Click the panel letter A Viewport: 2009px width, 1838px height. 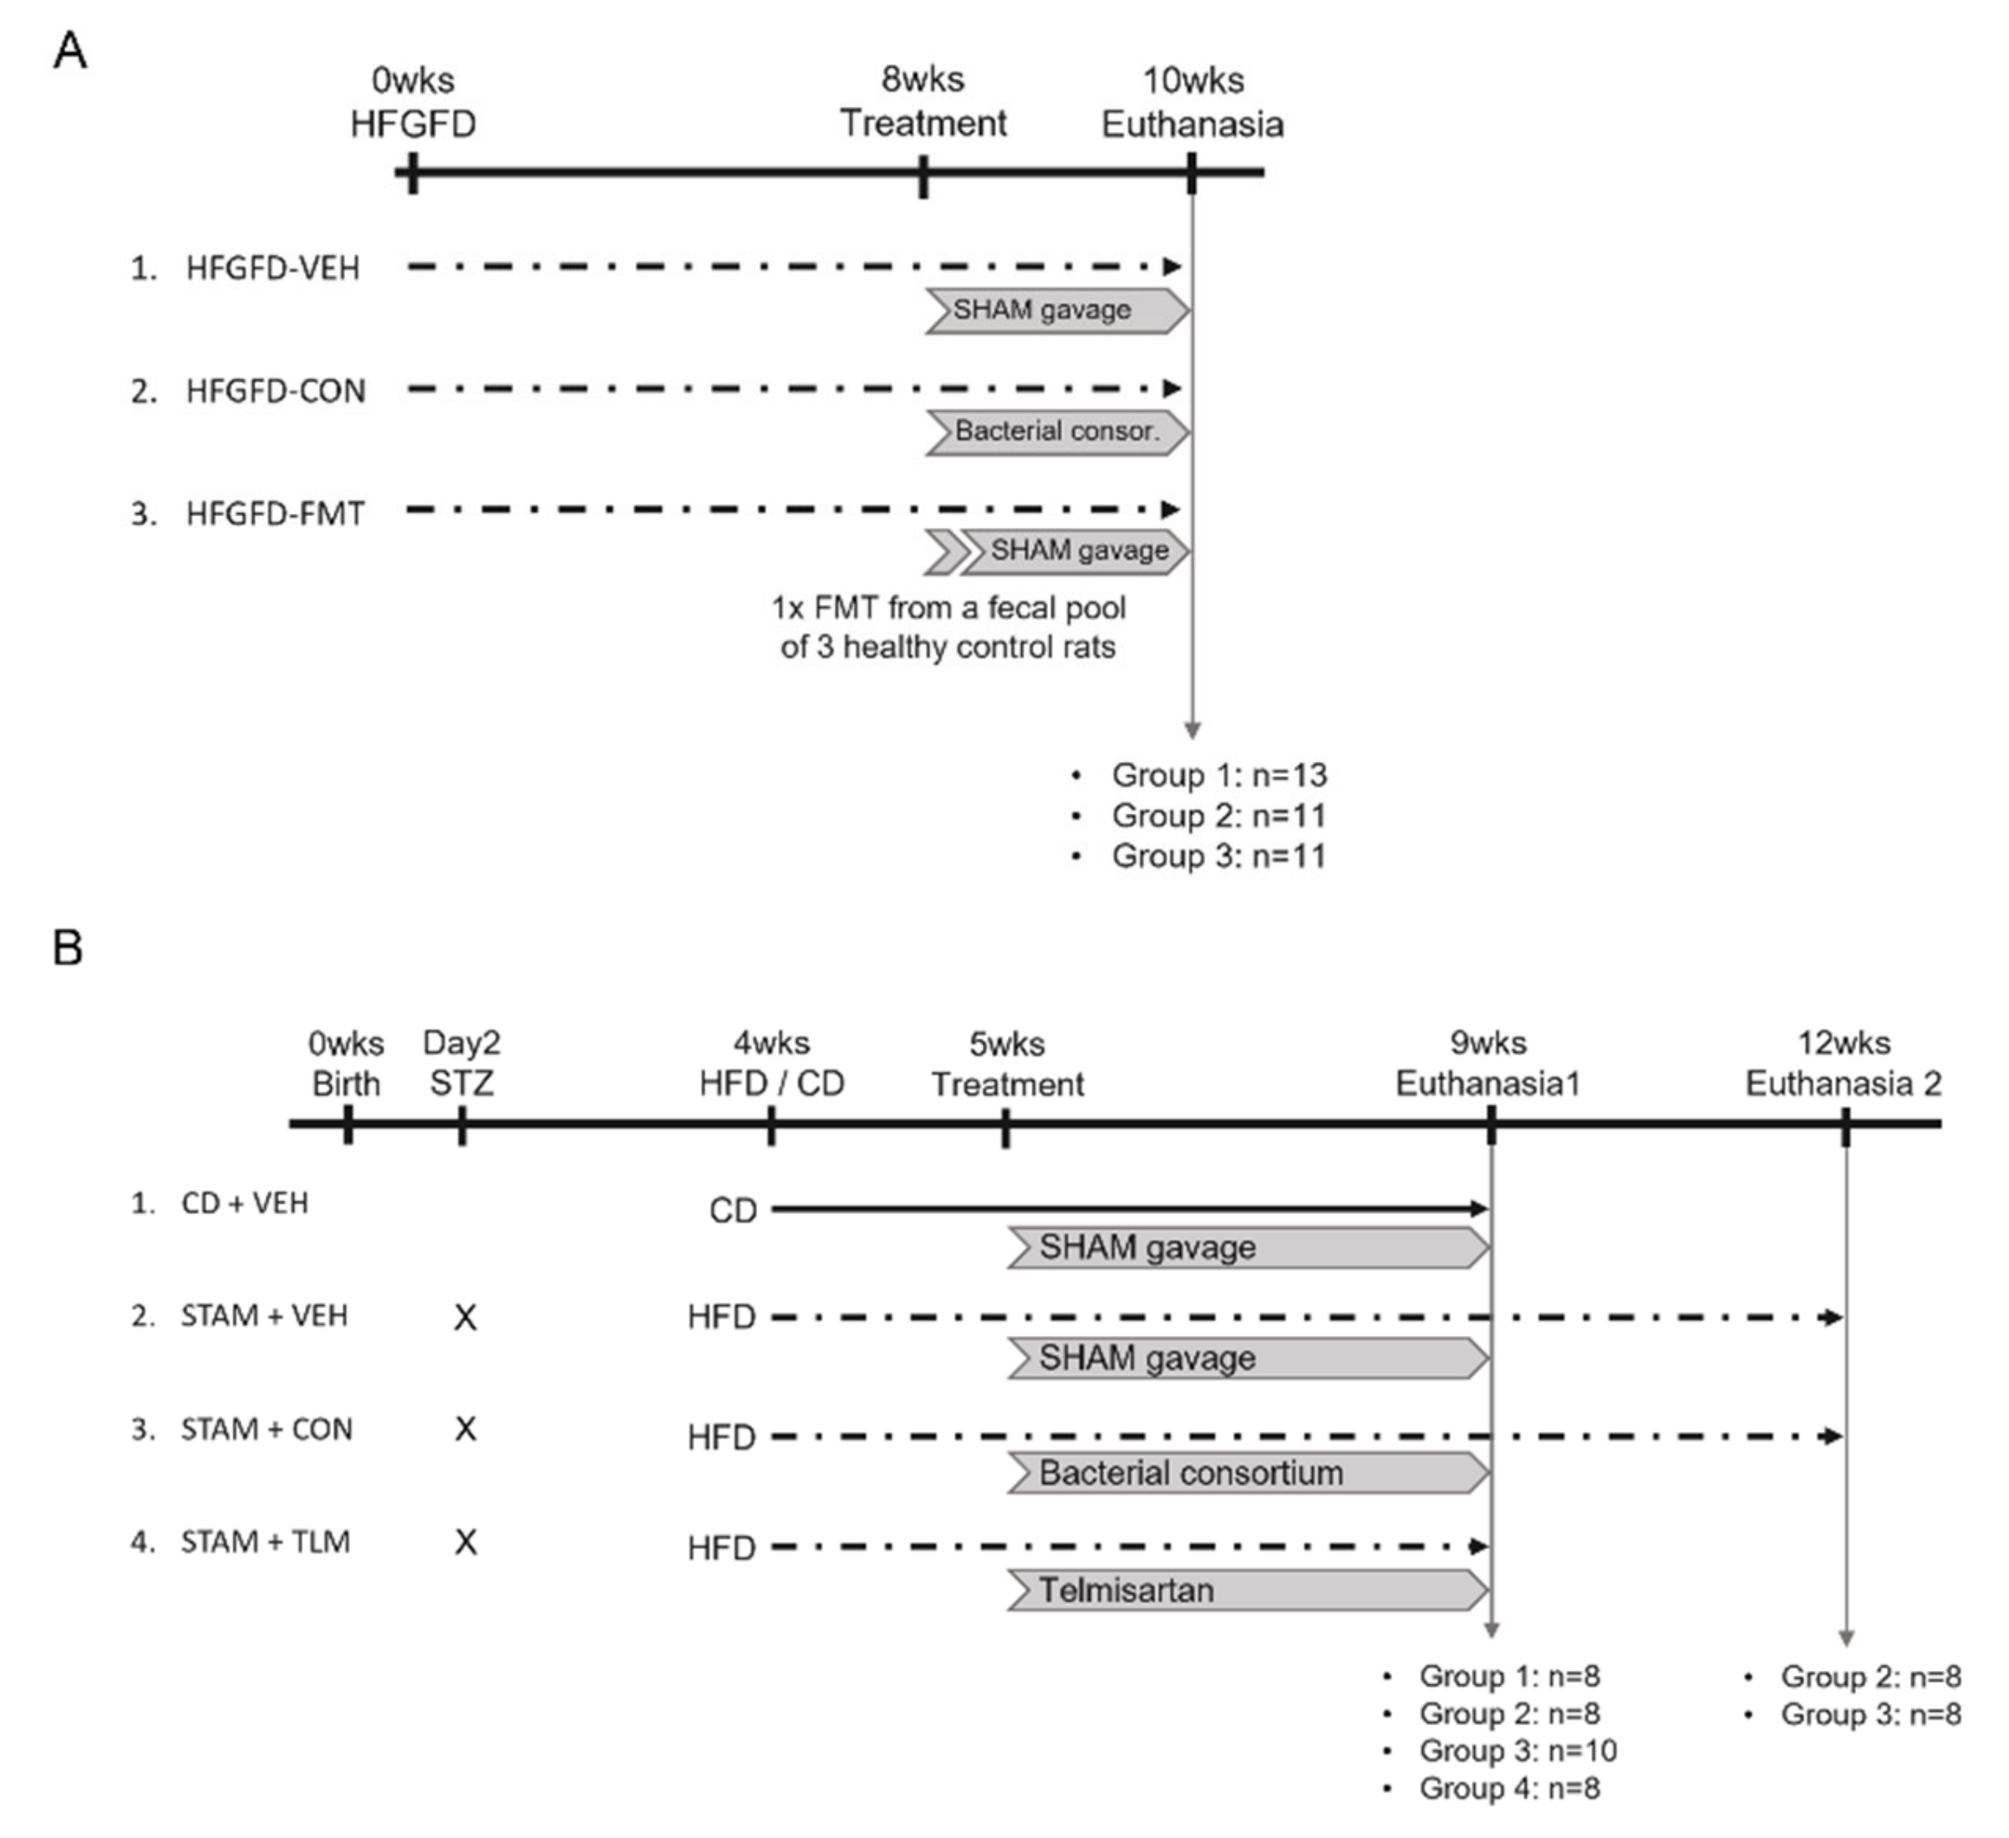(69, 50)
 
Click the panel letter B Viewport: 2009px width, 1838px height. (68, 947)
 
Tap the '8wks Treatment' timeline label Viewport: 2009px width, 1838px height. (923, 102)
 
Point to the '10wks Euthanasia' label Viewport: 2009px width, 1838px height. (1192, 102)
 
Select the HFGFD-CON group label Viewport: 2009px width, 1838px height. (275, 390)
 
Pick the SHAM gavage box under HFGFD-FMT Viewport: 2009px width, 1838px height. (1078, 551)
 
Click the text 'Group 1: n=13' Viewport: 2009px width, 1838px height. (1218, 775)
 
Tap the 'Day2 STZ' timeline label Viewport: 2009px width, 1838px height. (461, 1063)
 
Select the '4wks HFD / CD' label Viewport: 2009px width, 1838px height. (771, 1063)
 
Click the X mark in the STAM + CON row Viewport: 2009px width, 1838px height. (465, 1429)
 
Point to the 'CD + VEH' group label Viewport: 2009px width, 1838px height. (244, 1203)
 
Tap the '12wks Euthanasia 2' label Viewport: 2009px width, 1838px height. (1844, 1063)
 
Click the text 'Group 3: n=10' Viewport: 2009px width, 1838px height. (1517, 1750)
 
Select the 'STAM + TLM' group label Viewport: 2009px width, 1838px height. (265, 1542)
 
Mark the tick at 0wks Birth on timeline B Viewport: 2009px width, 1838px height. (348, 1130)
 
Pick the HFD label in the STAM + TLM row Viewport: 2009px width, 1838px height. (721, 1548)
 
